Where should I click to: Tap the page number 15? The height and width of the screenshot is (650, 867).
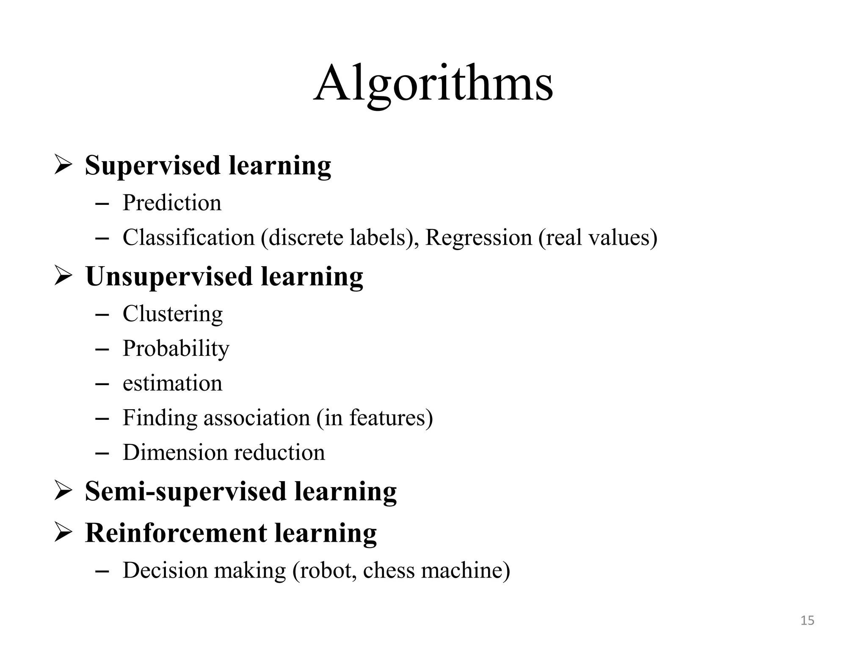(x=807, y=620)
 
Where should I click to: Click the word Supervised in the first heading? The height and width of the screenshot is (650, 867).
(x=152, y=165)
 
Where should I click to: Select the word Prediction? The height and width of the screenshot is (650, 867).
(x=172, y=203)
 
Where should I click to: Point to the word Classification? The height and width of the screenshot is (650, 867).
(x=188, y=237)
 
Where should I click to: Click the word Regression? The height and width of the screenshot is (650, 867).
(x=478, y=237)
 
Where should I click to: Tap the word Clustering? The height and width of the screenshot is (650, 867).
(x=172, y=314)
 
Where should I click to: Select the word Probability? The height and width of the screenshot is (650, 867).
(x=176, y=349)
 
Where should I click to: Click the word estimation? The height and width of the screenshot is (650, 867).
(x=172, y=383)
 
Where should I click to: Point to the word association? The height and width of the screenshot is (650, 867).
(x=257, y=418)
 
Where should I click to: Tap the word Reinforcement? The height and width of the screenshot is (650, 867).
(x=176, y=533)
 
